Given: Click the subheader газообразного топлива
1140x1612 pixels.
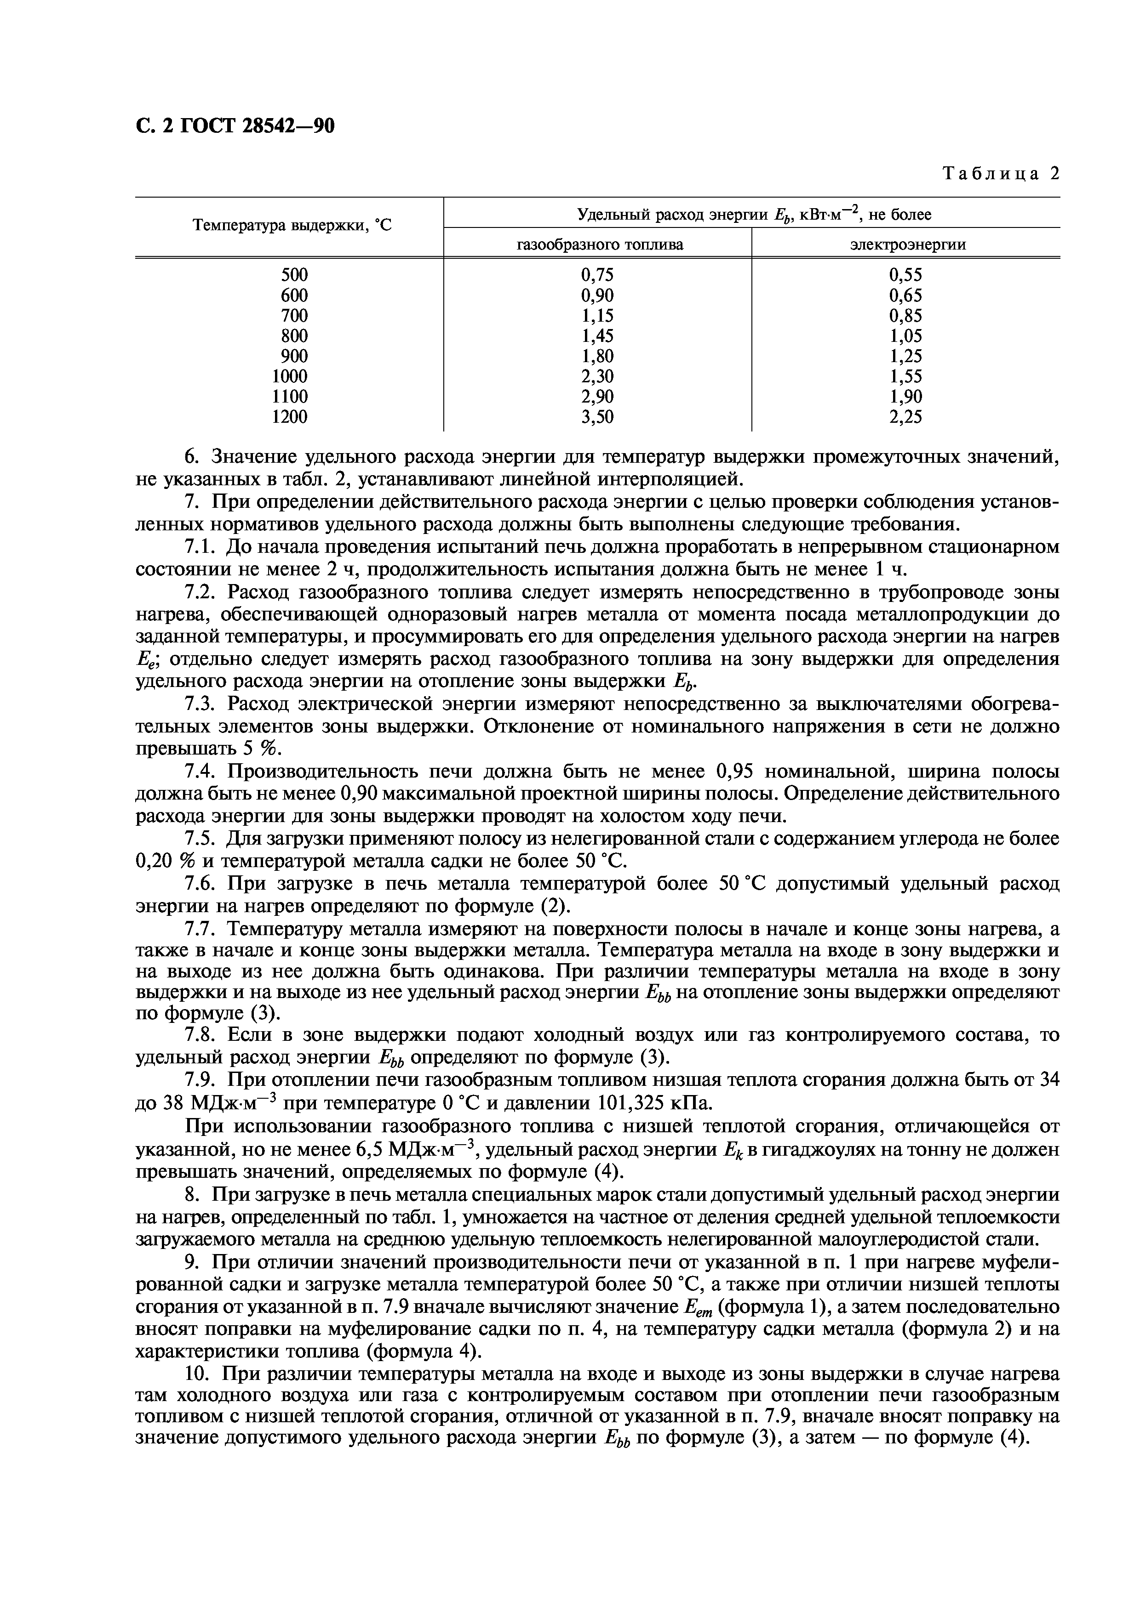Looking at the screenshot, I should point(599,244).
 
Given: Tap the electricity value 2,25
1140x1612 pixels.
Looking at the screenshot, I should point(905,417).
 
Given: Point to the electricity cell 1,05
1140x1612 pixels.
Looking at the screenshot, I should point(905,335).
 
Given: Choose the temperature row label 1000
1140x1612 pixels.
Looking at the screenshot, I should point(290,376).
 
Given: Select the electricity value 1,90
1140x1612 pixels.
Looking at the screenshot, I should point(905,397).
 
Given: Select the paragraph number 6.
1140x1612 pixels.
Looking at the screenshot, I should point(193,457).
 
